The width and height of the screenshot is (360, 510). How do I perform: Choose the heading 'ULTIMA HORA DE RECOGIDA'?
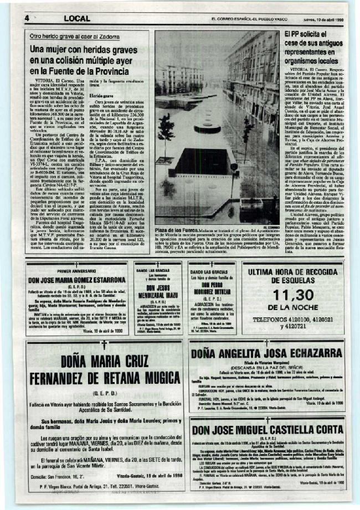coord(293,272)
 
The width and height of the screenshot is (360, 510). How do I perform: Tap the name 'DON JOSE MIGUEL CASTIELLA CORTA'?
coord(266,429)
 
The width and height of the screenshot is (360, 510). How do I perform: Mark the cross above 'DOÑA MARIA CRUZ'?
coord(104,345)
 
